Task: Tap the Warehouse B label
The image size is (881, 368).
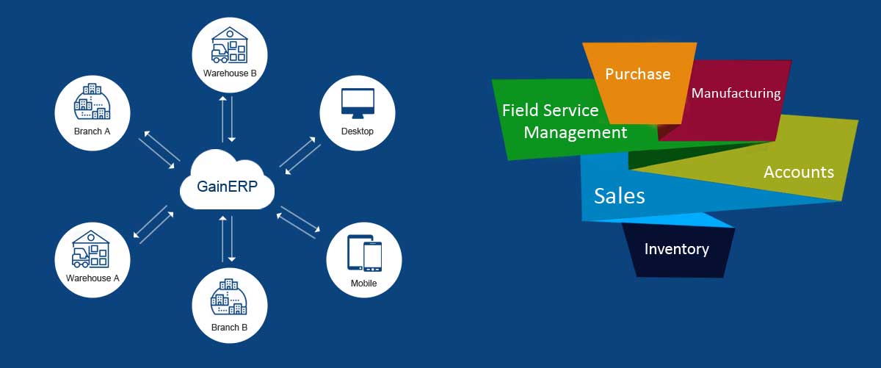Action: [x=229, y=73]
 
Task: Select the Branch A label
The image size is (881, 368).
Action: [x=93, y=132]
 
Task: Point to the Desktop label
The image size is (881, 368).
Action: [x=358, y=131]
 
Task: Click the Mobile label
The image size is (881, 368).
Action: [x=363, y=283]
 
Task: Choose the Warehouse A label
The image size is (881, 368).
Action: [x=93, y=278]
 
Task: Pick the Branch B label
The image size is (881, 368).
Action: [x=229, y=328]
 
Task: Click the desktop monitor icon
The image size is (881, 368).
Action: [x=358, y=104]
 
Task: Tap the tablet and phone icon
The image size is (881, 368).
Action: [x=364, y=254]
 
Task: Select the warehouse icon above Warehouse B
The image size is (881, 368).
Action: [x=229, y=46]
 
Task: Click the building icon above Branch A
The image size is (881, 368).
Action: [x=93, y=104]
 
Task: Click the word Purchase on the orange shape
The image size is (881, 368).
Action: [x=637, y=74]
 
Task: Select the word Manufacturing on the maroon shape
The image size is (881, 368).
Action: [x=736, y=93]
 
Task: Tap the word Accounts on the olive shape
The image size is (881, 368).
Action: [x=799, y=173]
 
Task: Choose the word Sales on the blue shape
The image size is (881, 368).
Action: [x=620, y=196]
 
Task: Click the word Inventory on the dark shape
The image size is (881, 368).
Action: [x=676, y=249]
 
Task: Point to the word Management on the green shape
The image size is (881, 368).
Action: [x=576, y=133]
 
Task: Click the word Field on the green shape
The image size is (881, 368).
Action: [x=521, y=110]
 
